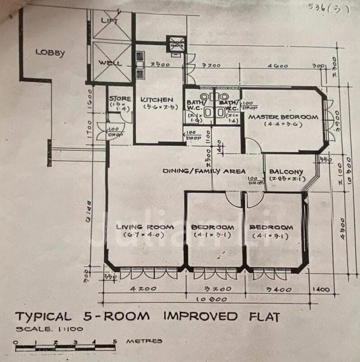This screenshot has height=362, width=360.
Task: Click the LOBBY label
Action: [x=50, y=52]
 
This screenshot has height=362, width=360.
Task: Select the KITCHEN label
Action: [x=157, y=100]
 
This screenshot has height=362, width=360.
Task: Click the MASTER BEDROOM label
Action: [x=283, y=116]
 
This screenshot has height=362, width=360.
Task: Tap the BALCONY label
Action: [x=286, y=171]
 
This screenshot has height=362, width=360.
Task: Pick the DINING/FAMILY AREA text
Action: [x=204, y=171]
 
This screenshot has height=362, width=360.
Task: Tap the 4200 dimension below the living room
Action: [x=144, y=288]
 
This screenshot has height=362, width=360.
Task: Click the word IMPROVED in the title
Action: [x=203, y=316]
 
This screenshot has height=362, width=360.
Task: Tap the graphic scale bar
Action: [x=65, y=346]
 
